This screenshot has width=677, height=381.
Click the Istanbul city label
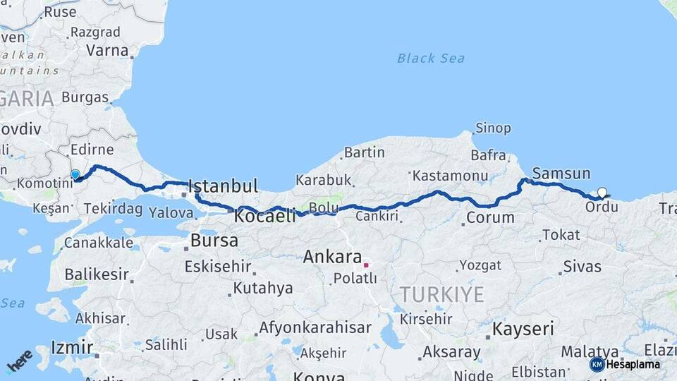click(224, 187)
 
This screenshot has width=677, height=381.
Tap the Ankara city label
click(332, 258)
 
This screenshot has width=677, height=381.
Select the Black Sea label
click(431, 58)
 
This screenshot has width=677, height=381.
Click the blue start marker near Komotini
click(75, 174)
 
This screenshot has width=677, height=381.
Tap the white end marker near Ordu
click(602, 192)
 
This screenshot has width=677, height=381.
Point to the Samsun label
click(561, 174)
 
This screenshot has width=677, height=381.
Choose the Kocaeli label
click(265, 216)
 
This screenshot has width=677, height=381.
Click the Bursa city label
click(214, 241)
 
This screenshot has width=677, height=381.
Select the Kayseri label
click(523, 329)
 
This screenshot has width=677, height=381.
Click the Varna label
click(107, 51)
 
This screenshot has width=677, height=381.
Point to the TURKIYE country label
click(442, 294)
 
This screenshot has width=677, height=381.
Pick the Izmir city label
click(72, 347)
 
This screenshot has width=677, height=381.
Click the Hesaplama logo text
click(633, 364)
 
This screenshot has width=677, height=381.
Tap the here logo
click(20, 361)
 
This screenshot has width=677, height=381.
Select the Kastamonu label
click(451, 175)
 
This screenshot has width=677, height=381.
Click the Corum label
click(490, 217)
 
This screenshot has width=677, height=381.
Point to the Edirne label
click(92, 150)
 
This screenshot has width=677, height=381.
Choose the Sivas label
click(582, 267)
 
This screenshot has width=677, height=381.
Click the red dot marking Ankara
click(366, 265)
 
